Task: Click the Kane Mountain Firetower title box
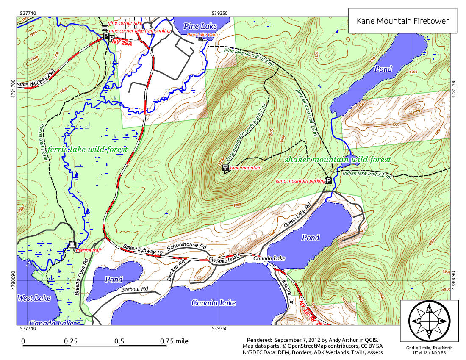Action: pyautogui.click(x=402, y=21)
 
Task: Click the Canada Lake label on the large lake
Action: pyautogui.click(x=213, y=302)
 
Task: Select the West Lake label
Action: pyautogui.click(x=34, y=298)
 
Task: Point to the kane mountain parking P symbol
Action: pyautogui.click(x=328, y=180)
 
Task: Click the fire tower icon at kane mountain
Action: pyautogui.click(x=225, y=168)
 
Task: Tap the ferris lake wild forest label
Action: pyautogui.click(x=87, y=150)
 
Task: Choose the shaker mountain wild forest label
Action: pyautogui.click(x=337, y=160)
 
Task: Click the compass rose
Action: pyautogui.click(x=429, y=321)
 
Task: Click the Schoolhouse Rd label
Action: pyautogui.click(x=187, y=247)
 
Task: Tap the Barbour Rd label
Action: pyautogui.click(x=134, y=290)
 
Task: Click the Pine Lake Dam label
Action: pyautogui.click(x=202, y=35)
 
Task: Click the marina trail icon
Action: pyautogui.click(x=72, y=244)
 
